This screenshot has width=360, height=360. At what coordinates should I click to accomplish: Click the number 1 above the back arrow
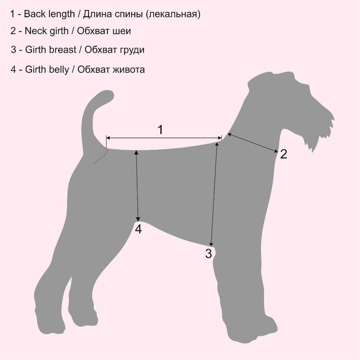[160, 130]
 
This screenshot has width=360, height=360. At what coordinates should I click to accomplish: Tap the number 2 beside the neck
[284, 154]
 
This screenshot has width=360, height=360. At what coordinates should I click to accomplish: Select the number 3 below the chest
[208, 254]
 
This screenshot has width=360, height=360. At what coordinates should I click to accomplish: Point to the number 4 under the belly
[138, 229]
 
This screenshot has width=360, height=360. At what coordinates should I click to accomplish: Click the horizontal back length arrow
[164, 138]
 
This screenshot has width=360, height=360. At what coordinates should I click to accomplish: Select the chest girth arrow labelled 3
[214, 194]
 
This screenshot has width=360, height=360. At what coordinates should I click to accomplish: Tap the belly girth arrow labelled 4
[137, 185]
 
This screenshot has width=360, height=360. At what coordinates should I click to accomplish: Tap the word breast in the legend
[63, 50]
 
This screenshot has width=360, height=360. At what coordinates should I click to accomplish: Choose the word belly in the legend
[59, 70]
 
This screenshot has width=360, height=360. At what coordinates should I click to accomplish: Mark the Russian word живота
[129, 70]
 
